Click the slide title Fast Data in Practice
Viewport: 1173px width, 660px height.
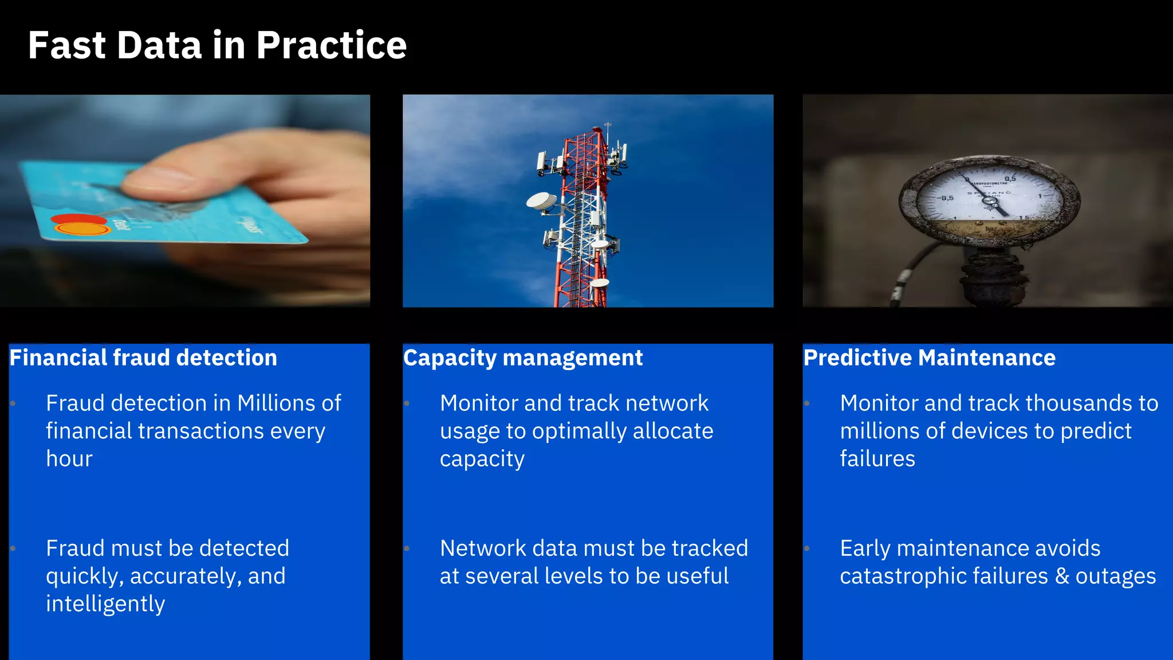click(x=217, y=45)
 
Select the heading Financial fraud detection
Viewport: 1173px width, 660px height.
click(x=143, y=358)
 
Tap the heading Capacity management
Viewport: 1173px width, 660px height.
click(x=523, y=358)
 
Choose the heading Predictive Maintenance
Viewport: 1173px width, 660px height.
click(x=929, y=358)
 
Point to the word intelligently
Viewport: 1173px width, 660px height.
click(x=105, y=604)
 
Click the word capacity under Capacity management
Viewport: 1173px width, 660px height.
click(x=482, y=459)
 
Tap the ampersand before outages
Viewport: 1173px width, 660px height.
click(x=1062, y=576)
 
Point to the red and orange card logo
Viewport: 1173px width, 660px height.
click(x=81, y=225)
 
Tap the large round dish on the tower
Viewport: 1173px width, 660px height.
click(x=541, y=201)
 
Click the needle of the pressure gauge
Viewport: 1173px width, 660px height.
click(x=991, y=201)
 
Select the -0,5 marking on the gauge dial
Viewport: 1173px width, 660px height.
click(x=945, y=198)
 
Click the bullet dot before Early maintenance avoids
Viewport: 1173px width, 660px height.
click(x=806, y=548)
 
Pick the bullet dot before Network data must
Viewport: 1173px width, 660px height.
click(x=407, y=548)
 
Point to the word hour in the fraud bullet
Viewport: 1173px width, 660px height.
click(x=69, y=459)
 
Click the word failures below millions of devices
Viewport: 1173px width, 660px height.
click(x=877, y=459)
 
